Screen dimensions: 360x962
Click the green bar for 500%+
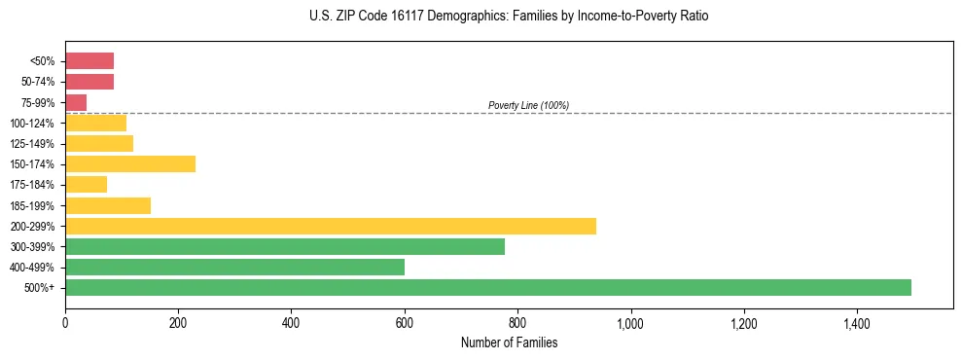tap(487, 287)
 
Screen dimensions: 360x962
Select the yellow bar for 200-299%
tap(330, 226)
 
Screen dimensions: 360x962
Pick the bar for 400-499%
tap(234, 267)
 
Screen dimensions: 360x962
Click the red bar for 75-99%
tap(76, 102)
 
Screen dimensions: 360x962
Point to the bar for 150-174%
tap(130, 163)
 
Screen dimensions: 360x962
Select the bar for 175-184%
tap(86, 184)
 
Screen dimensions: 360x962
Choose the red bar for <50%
tap(89, 60)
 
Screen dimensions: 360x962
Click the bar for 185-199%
tap(108, 205)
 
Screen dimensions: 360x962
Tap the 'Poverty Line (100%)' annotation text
tap(528, 105)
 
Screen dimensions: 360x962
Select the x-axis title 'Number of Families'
tap(509, 342)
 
